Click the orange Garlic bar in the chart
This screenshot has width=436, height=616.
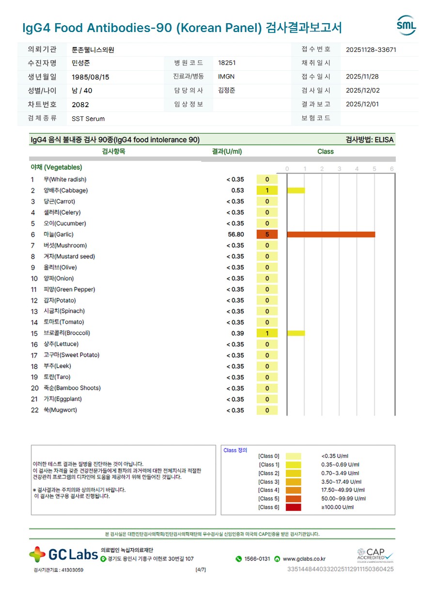331,235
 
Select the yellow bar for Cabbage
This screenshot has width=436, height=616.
296,190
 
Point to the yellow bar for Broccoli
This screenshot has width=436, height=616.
296,333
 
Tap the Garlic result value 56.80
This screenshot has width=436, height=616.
236,235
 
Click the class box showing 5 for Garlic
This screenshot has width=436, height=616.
267,235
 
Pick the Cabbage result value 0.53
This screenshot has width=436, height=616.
237,190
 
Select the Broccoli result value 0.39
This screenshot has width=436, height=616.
237,333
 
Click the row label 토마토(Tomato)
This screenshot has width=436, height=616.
63,322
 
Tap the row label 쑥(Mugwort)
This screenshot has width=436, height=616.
60,411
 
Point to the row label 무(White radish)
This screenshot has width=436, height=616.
65,180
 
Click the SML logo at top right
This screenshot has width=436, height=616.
406,25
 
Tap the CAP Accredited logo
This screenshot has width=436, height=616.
375,555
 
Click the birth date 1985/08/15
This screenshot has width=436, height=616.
91,77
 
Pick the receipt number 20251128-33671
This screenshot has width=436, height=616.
371,49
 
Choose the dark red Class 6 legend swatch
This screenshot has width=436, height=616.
293,507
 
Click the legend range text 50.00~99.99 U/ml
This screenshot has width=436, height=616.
343,499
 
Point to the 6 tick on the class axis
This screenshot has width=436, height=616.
391,169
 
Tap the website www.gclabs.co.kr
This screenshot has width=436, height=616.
304,559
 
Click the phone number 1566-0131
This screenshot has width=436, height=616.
257,559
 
